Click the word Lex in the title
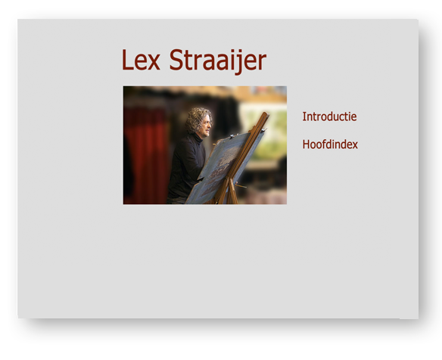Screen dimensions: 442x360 pos(141,60)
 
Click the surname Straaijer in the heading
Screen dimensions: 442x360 pos(218,61)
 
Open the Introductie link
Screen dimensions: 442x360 pos(329,116)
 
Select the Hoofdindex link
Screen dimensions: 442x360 pos(330,144)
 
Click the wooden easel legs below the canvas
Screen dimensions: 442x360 pos(228,192)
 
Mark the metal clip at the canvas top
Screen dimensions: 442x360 pos(232,136)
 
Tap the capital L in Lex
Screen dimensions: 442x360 pos(127,60)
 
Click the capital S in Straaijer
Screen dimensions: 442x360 pos(176,60)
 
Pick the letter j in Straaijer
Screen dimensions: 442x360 pos(238,63)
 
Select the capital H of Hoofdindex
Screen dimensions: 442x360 pos(306,144)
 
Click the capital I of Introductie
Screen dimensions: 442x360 pos(304,116)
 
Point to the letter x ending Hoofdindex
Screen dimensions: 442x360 pos(355,146)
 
